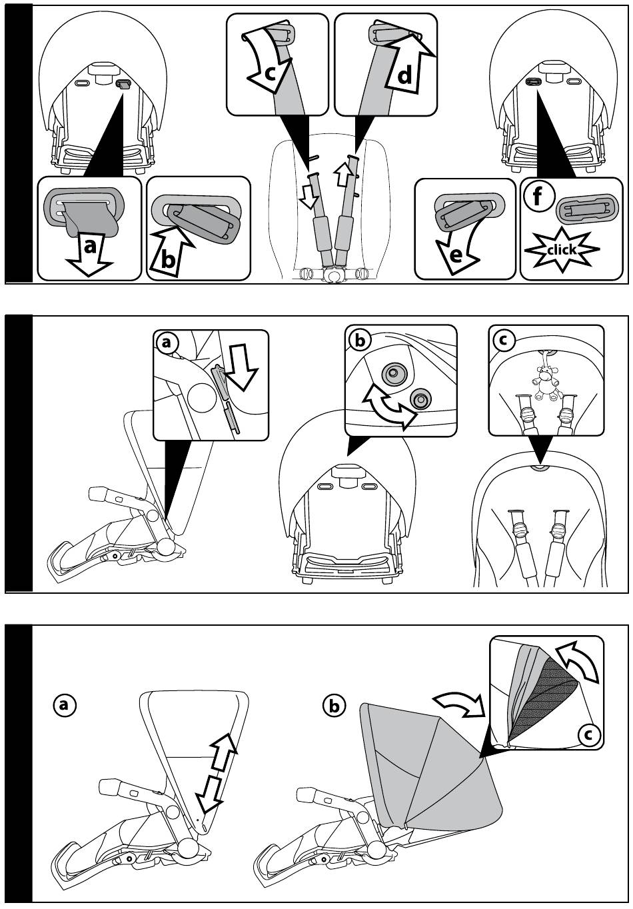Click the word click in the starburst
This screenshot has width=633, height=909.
562,250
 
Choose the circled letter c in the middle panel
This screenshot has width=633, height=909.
502,340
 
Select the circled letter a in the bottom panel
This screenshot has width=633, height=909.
65,705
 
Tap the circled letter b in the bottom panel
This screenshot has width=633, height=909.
334,705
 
